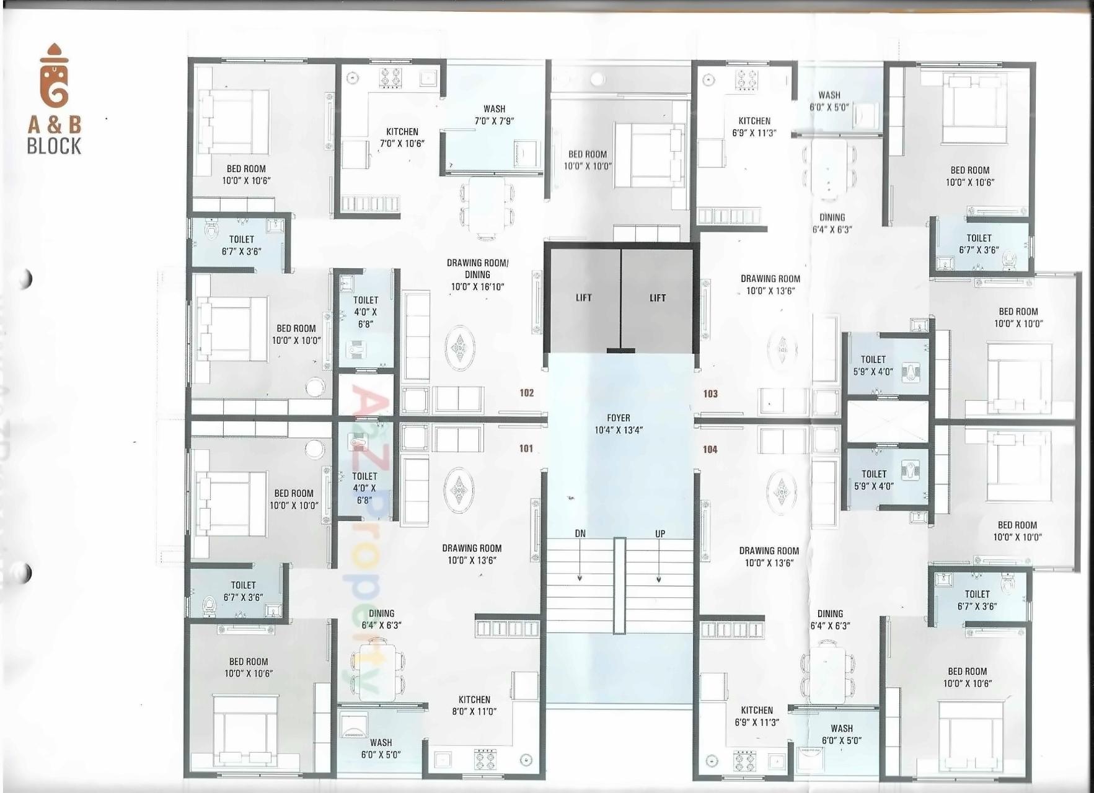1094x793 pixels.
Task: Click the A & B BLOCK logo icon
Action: [x=54, y=76]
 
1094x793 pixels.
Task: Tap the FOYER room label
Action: [x=618, y=424]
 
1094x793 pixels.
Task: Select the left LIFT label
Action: [x=583, y=298]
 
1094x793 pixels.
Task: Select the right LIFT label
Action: [x=658, y=298]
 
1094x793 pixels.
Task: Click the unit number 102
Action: [x=527, y=393]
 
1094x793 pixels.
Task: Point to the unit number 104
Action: [x=710, y=450]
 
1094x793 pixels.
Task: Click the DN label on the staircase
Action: [x=580, y=533]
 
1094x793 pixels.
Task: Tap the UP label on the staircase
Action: [x=660, y=533]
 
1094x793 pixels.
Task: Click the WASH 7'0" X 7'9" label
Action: [x=494, y=115]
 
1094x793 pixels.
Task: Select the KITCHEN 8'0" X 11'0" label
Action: [x=474, y=706]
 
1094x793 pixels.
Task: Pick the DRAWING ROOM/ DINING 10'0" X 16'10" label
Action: [x=477, y=274]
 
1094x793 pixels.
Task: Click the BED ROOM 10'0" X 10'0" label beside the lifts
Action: [x=588, y=160]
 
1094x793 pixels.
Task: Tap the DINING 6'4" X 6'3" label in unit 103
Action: [x=832, y=223]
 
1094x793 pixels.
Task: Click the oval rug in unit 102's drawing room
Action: [x=459, y=348]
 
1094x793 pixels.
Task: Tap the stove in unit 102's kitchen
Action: [x=390, y=79]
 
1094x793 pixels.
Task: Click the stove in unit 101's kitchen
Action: [x=485, y=759]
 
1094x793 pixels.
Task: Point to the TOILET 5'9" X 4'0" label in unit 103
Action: [x=873, y=366]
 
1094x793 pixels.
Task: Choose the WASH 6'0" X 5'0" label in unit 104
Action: [x=841, y=734]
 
